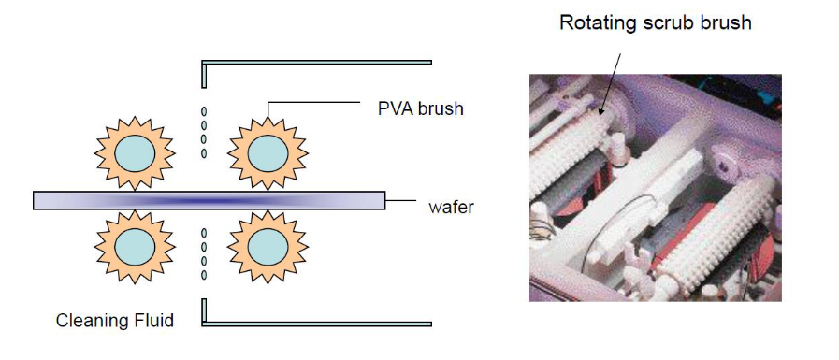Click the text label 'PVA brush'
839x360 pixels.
coord(421,108)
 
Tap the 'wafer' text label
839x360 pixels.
coord(451,207)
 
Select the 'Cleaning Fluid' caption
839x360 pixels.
coord(114,321)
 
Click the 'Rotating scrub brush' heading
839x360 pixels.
coord(656,22)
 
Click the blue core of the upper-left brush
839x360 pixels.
coord(135,153)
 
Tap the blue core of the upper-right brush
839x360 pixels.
coord(268,153)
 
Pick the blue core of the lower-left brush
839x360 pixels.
coord(135,247)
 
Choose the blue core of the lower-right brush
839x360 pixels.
coord(268,247)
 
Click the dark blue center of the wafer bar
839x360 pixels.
coord(209,201)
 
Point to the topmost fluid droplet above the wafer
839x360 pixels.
coord(204,112)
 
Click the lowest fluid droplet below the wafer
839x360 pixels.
coord(204,275)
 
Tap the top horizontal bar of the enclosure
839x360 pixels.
coord(317,62)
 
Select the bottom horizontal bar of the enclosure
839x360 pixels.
coord(317,324)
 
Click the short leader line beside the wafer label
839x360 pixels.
coord(400,201)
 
